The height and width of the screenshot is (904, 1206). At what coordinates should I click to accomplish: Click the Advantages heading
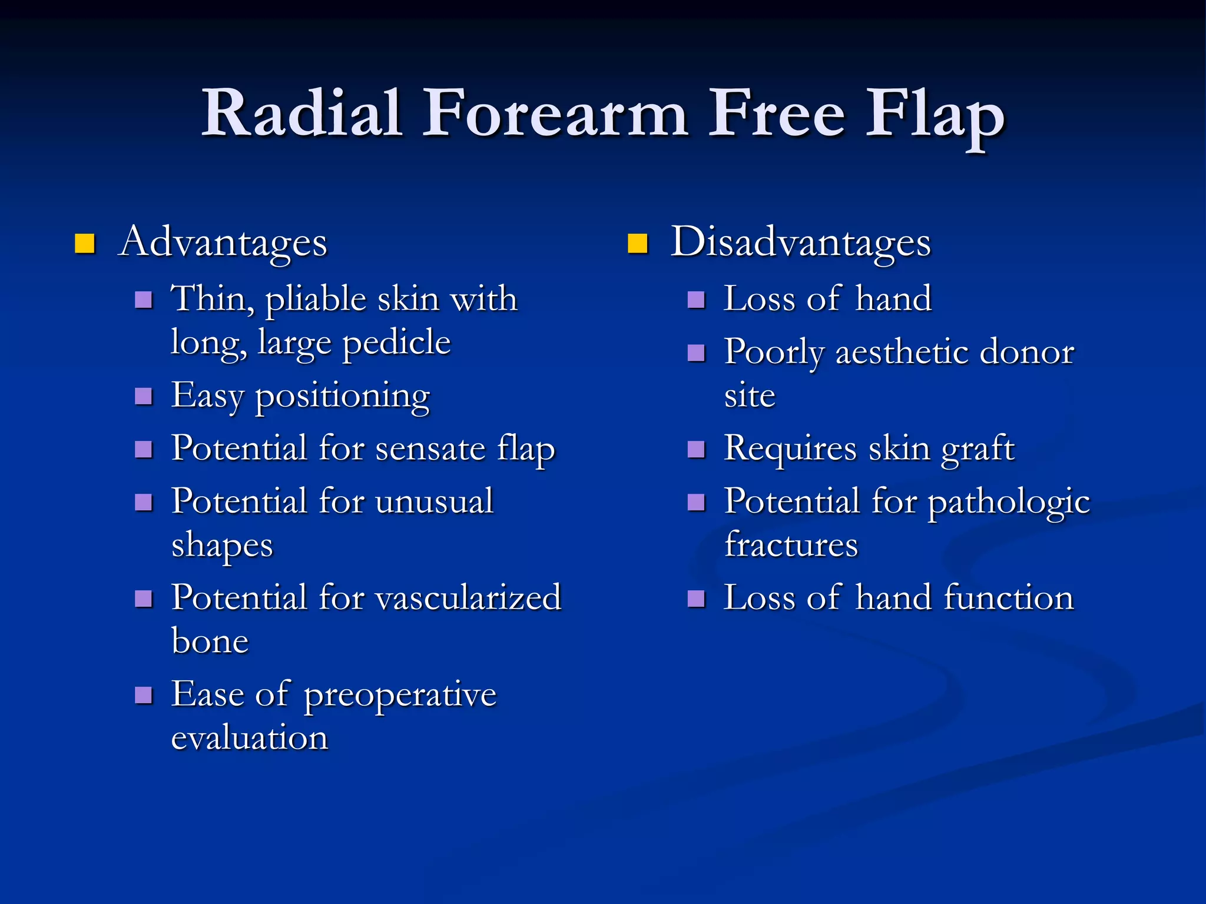[223, 242]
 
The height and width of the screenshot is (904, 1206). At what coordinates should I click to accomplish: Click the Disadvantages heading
[801, 242]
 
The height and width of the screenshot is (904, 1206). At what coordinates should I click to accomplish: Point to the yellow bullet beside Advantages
[85, 243]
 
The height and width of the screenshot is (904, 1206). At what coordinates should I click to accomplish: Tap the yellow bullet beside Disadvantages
[637, 243]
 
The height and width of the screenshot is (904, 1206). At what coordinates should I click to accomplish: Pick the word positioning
[342, 397]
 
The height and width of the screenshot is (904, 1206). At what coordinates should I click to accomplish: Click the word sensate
[430, 448]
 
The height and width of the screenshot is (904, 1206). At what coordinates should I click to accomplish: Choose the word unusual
[434, 501]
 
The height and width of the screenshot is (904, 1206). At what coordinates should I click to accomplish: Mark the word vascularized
[468, 598]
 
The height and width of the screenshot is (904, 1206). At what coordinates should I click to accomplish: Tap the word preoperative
[400, 696]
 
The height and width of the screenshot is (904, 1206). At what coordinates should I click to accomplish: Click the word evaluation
[249, 738]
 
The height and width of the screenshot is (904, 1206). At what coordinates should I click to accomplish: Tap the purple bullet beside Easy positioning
[144, 396]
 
